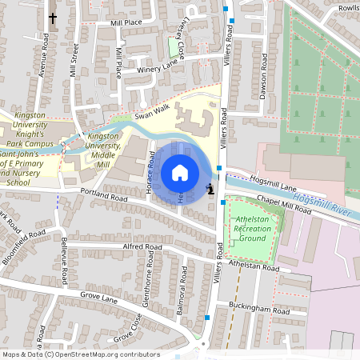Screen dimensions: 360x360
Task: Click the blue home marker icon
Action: [x=180, y=173]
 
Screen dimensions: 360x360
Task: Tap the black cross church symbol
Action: [x=54, y=18]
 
